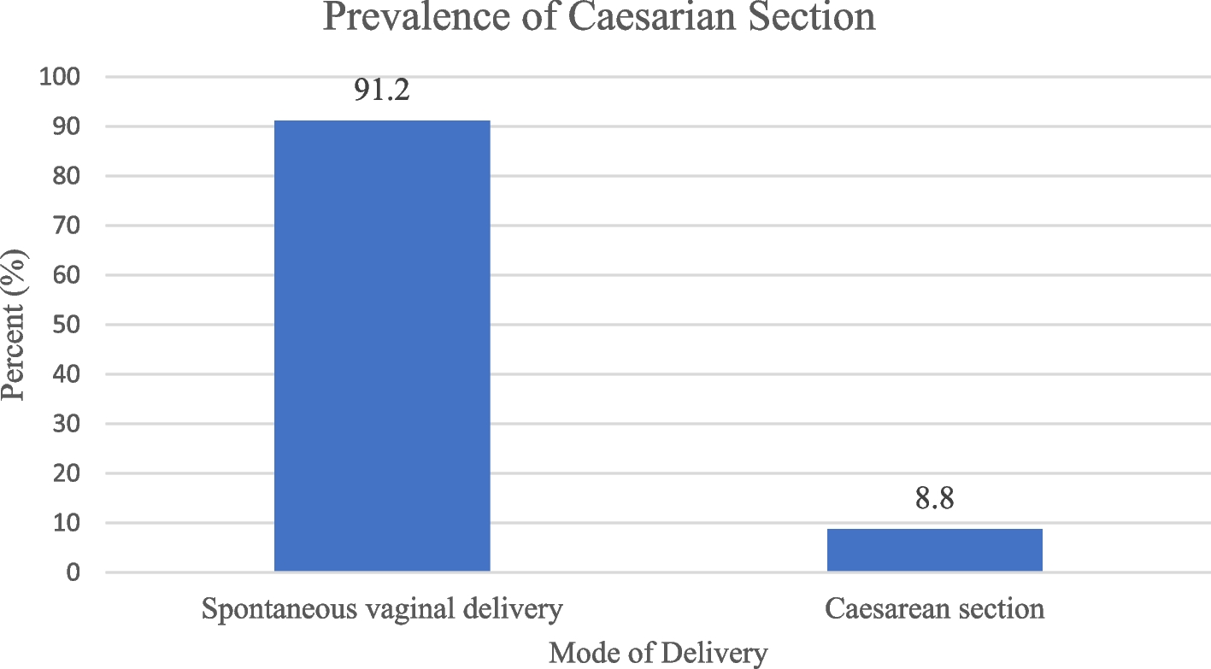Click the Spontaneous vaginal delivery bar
coord(382,345)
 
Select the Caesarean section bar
coord(934,549)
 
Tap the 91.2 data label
coord(382,90)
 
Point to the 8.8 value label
coord(934,498)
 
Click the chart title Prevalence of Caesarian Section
coord(599,17)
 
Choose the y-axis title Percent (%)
coord(14,326)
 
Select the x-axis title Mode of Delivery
coord(657,654)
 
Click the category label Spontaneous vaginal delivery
coord(382,609)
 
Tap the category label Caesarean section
coord(934,609)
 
